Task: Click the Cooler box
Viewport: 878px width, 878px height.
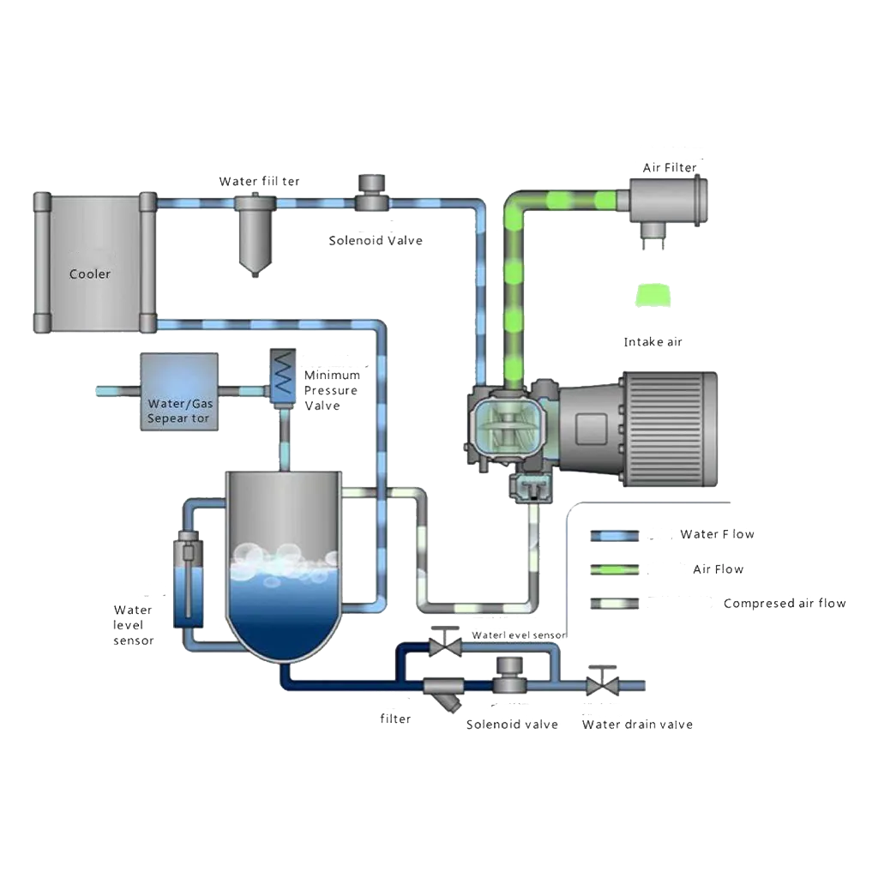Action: pos(90,262)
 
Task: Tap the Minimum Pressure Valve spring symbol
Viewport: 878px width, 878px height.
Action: pos(280,373)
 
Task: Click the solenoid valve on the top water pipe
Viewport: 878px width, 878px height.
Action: pos(371,193)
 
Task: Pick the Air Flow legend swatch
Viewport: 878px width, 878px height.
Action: pos(615,568)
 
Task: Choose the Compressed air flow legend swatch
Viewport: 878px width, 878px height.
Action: pos(615,603)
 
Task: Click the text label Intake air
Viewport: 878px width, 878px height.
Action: pos(654,342)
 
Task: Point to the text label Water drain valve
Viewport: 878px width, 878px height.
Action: pos(637,725)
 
